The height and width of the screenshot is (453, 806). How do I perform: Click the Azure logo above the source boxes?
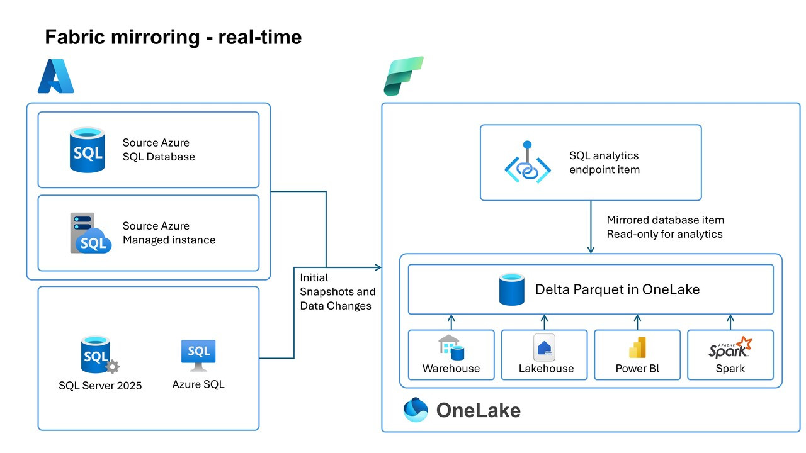point(56,76)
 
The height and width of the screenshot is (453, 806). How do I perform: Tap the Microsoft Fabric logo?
point(404,76)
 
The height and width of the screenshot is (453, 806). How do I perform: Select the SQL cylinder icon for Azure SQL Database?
point(88,150)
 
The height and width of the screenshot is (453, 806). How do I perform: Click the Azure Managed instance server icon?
point(90,233)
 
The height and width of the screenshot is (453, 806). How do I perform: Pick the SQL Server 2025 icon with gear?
point(99,355)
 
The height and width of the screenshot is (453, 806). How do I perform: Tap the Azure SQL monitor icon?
point(198,355)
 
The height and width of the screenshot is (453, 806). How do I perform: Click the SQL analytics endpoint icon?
point(528,162)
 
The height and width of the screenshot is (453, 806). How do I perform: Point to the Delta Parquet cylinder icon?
point(512,289)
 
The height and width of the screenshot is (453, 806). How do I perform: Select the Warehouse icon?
point(451,347)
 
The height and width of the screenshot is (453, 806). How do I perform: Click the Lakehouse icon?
point(544,347)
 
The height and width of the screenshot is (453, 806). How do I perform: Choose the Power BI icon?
point(637,348)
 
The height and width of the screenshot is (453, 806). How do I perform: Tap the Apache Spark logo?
point(730,347)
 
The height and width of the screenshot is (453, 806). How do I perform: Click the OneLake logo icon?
point(416,410)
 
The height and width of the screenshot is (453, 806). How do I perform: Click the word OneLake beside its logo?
point(478,410)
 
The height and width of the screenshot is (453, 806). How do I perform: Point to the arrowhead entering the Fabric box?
point(378,267)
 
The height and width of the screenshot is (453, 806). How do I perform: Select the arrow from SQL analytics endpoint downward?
point(591,227)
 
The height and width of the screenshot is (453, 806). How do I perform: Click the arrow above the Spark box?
point(730,322)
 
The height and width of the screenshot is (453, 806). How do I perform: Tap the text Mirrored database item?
point(666,220)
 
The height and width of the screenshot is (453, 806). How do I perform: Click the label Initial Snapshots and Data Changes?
point(338,291)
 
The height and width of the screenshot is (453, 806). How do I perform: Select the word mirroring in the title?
point(155,37)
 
